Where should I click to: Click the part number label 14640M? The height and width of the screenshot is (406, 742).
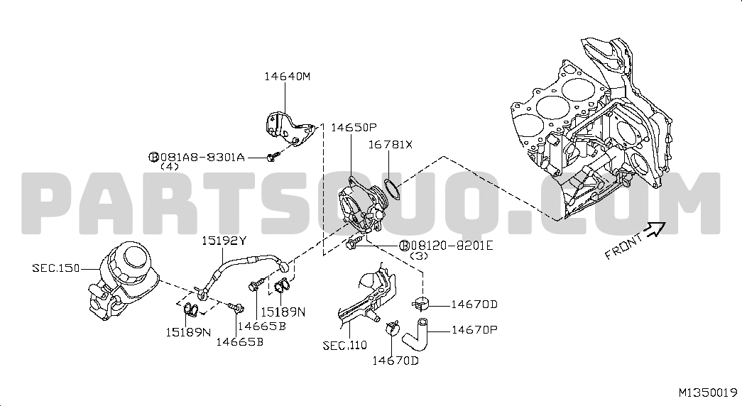(x=288, y=76)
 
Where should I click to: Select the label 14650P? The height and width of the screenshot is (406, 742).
(x=354, y=127)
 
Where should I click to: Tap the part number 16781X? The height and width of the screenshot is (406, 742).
(x=391, y=145)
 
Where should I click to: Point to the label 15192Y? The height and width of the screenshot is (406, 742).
(x=224, y=241)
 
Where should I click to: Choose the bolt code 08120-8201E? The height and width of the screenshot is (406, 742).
(x=452, y=246)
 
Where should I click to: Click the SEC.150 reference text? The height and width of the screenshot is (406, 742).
(x=56, y=268)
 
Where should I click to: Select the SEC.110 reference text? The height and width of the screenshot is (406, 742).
(x=344, y=346)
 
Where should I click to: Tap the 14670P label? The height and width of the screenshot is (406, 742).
(x=474, y=330)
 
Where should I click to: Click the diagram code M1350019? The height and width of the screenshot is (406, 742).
(x=708, y=393)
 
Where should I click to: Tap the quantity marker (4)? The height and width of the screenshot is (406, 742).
(x=170, y=167)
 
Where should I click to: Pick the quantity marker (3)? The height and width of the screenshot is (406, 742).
(x=419, y=256)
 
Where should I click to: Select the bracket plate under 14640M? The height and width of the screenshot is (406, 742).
(x=290, y=128)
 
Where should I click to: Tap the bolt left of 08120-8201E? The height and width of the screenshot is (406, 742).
(x=353, y=243)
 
